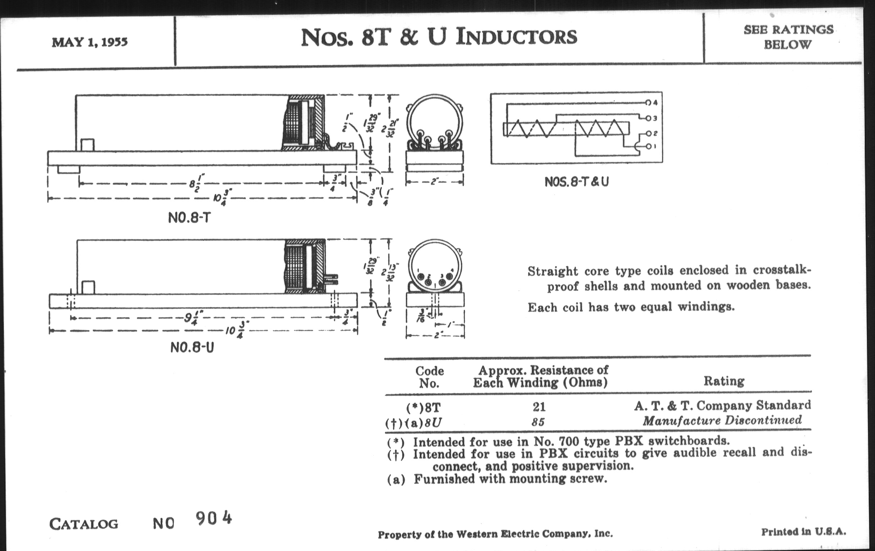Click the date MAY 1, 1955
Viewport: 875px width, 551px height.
[89, 42]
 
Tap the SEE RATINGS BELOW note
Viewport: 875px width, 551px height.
[788, 37]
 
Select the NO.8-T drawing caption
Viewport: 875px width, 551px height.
[189, 218]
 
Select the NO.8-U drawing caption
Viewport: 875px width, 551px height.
[192, 347]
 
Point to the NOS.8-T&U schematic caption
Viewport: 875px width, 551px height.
[576, 182]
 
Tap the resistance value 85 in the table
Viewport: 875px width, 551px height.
[538, 422]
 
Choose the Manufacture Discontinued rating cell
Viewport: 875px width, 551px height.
[722, 421]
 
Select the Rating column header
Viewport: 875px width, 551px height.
[724, 381]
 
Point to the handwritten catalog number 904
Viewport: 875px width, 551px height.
[213, 518]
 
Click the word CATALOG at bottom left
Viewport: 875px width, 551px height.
[83, 524]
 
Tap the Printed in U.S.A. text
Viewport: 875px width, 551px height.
[803, 532]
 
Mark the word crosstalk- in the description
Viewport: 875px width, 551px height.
[781, 270]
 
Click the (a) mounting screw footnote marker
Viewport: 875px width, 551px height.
[396, 480]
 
